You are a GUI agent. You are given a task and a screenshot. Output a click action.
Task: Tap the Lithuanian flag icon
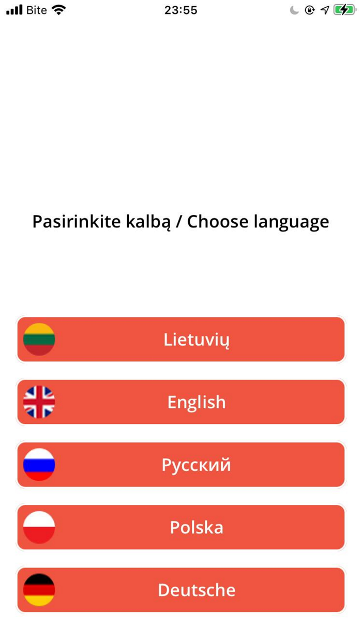pyautogui.click(x=39, y=339)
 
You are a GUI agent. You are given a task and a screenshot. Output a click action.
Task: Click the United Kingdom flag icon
pyautogui.click(x=39, y=402)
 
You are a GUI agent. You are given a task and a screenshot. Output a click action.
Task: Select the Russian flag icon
pyautogui.click(x=39, y=465)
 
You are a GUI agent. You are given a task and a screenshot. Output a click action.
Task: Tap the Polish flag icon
pyautogui.click(x=39, y=527)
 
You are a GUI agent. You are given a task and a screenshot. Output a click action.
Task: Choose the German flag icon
pyautogui.click(x=39, y=590)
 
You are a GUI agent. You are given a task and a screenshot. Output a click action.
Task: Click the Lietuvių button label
pyautogui.click(x=197, y=340)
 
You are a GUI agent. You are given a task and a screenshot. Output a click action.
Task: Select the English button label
pyautogui.click(x=197, y=402)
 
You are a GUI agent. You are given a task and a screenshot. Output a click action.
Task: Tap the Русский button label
pyautogui.click(x=197, y=465)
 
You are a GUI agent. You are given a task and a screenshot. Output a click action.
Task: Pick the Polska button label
pyautogui.click(x=197, y=528)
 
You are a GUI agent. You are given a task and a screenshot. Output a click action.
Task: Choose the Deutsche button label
pyautogui.click(x=197, y=590)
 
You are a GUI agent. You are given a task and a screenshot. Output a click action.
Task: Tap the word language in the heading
pyautogui.click(x=291, y=222)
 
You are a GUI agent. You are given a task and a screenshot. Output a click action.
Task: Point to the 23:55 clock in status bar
pyautogui.click(x=180, y=10)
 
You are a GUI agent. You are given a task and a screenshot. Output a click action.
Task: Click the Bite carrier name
pyautogui.click(x=36, y=10)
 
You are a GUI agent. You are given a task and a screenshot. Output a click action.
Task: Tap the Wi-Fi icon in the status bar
pyautogui.click(x=59, y=10)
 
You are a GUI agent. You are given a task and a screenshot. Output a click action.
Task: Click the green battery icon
pyautogui.click(x=344, y=10)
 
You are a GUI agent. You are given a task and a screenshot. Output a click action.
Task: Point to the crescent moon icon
pyautogui.click(x=295, y=10)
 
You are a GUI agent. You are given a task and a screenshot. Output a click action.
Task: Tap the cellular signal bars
pyautogui.click(x=14, y=10)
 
